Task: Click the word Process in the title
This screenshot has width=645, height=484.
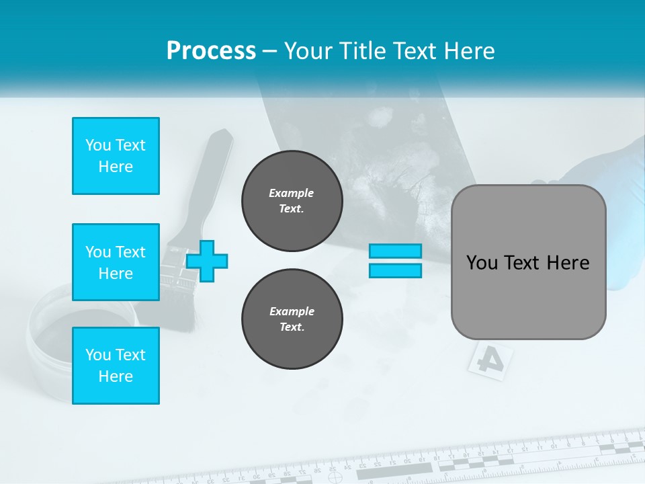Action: (211, 51)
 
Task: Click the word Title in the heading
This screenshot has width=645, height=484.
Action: (360, 51)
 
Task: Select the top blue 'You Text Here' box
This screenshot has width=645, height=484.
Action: (116, 156)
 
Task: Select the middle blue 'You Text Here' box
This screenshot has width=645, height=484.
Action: (116, 262)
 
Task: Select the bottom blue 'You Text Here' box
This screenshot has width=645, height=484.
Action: (116, 366)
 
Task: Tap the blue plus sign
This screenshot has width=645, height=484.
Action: (207, 261)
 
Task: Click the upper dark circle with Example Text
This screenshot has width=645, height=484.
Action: (292, 201)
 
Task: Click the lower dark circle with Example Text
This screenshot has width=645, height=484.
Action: (292, 319)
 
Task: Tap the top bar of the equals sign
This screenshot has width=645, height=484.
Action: (395, 251)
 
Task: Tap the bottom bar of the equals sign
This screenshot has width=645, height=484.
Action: (395, 271)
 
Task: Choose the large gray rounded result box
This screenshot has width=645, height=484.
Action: (528, 262)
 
